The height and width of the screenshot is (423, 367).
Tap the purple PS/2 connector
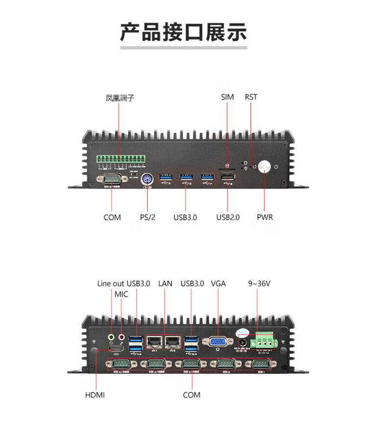[x=147, y=179]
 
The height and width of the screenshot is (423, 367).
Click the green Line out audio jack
[x=112, y=337]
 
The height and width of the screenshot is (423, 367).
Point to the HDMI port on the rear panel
[x=115, y=349]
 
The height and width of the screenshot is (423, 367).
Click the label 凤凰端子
[x=120, y=98]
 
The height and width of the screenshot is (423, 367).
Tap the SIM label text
[x=228, y=97]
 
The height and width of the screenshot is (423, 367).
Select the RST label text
[x=251, y=97]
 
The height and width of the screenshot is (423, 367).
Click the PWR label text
[x=265, y=217]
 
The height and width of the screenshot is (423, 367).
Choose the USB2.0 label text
[x=228, y=217]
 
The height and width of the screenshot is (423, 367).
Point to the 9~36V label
[x=259, y=283]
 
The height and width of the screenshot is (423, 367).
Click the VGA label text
[x=218, y=283]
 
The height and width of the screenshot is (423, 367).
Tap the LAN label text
[x=165, y=283]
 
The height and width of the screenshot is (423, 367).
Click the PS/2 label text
[x=147, y=217]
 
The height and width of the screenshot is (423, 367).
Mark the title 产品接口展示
[x=183, y=32]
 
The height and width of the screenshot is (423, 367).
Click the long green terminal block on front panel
[x=121, y=160]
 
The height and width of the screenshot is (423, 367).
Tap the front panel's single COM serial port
[x=112, y=179]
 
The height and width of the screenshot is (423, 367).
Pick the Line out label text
[x=111, y=283]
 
